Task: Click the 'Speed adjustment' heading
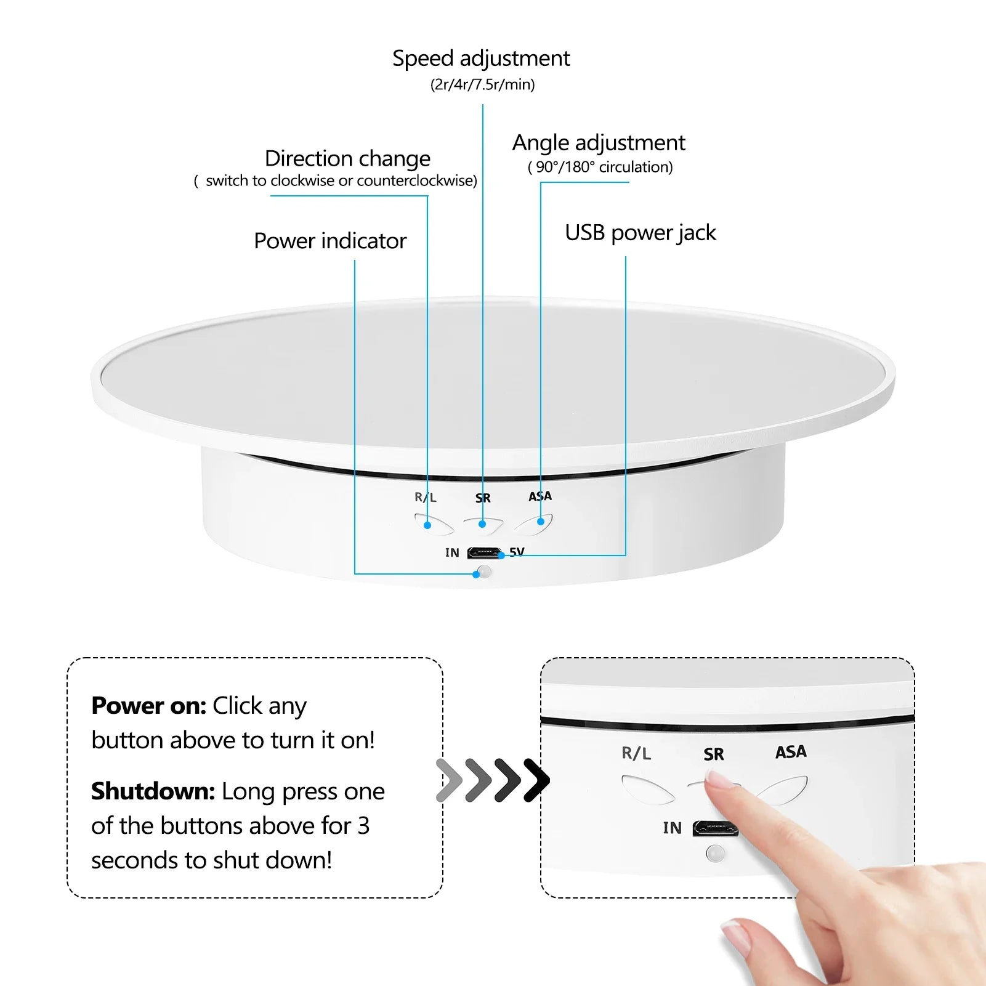481,59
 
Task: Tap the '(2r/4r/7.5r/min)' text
482,84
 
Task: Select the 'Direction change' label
347,159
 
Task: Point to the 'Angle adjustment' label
599,143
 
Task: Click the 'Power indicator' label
330,241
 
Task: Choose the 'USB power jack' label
640,233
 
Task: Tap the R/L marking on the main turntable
425,497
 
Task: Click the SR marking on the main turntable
483,498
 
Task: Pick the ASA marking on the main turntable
540,496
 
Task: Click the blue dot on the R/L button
427,525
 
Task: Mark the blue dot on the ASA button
541,522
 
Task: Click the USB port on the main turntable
484,552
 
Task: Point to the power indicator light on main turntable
485,572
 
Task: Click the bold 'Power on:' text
148,706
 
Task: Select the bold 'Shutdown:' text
153,791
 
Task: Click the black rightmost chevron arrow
536,780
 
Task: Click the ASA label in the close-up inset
791,752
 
